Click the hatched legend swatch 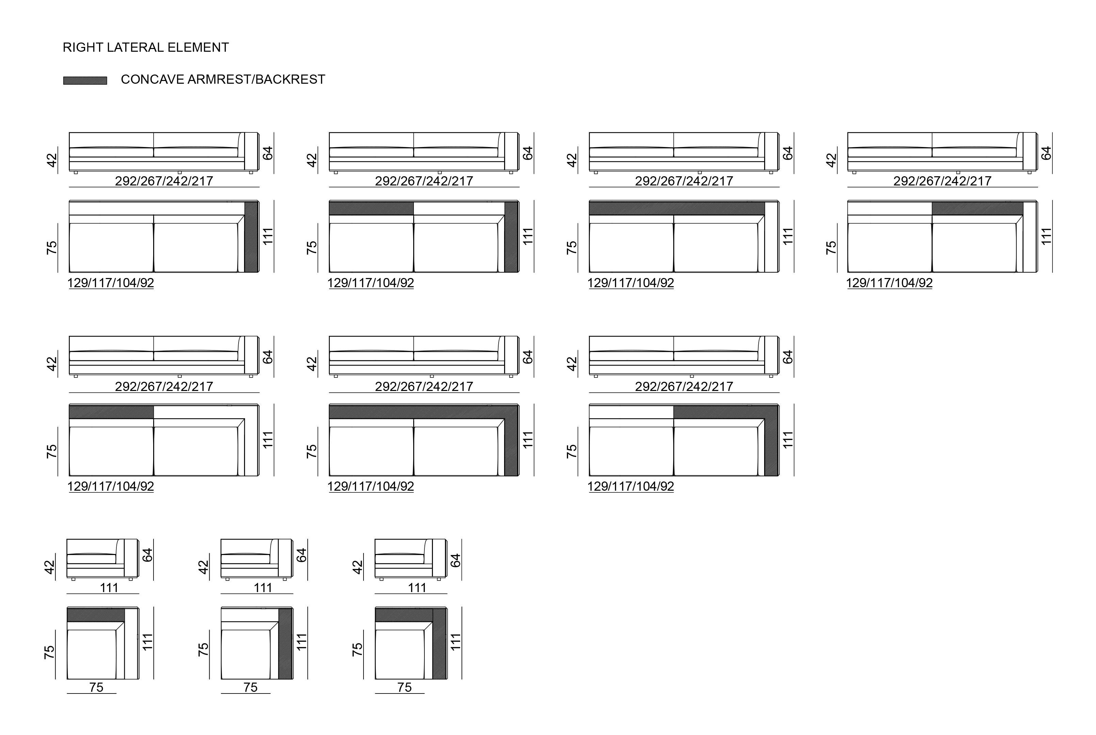point(85,81)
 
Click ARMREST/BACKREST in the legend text point(256,80)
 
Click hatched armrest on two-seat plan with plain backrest point(251,237)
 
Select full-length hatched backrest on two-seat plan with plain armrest point(677,208)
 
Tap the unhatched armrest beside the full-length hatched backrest point(772,237)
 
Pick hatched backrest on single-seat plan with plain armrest point(96,615)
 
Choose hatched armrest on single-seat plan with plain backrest point(286,643)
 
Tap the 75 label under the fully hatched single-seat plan point(405,687)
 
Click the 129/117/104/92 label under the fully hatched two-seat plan point(371,486)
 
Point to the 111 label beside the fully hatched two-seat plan point(528,440)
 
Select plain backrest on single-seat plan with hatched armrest point(250,615)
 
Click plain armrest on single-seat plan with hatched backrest point(132,643)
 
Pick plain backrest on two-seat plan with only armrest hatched point(157,208)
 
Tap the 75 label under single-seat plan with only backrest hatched point(96,687)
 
